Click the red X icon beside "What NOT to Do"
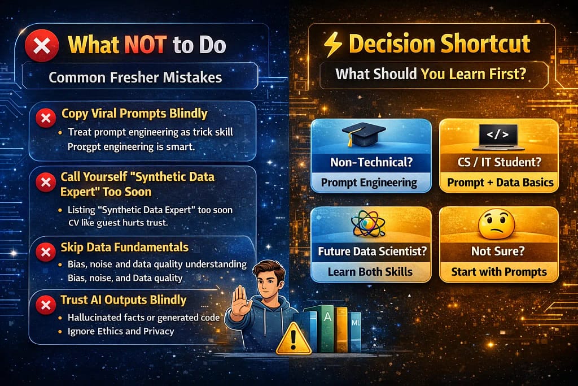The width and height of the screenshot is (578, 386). coord(41,45)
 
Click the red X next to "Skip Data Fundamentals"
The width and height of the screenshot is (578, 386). coord(44,252)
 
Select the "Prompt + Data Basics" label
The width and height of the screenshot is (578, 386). coord(498,183)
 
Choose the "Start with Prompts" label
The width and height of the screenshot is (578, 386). coord(498,272)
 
